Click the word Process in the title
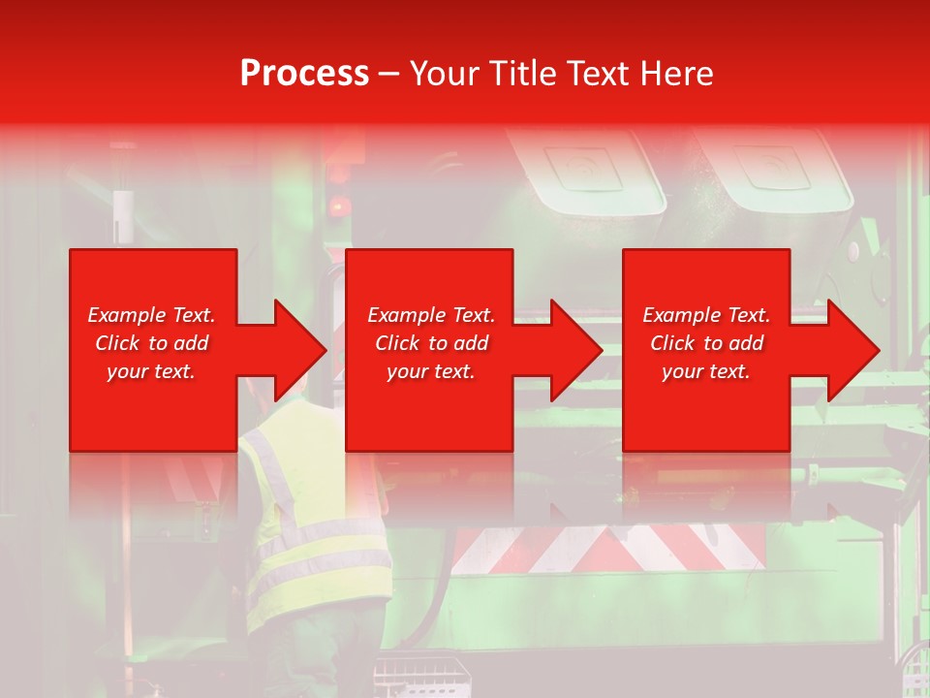tap(304, 74)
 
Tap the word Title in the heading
tap(520, 74)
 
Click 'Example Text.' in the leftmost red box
tap(151, 315)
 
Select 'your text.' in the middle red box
tap(430, 371)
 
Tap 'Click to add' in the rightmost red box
tap(706, 343)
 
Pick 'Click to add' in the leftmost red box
tap(151, 343)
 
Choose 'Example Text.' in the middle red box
tap(431, 315)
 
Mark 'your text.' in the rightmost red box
tap(705, 371)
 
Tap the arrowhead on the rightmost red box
tap(852, 350)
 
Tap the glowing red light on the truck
tap(338, 206)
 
